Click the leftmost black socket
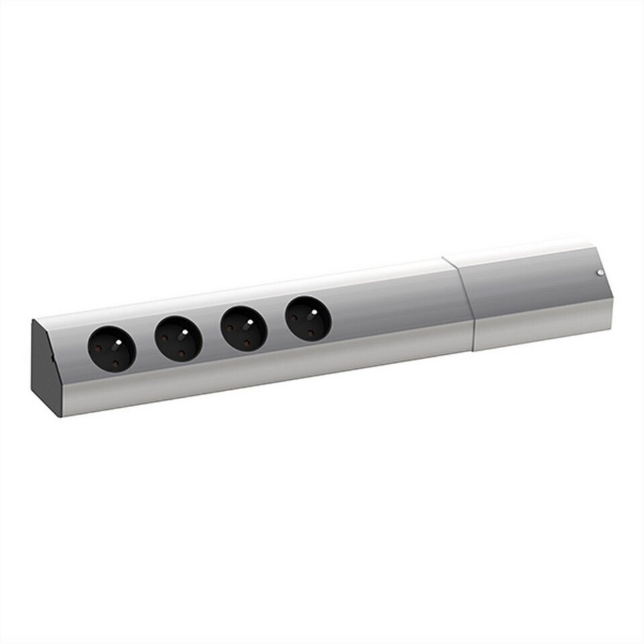112,349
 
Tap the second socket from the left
178,338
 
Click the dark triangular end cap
45,368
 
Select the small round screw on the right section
600,272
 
